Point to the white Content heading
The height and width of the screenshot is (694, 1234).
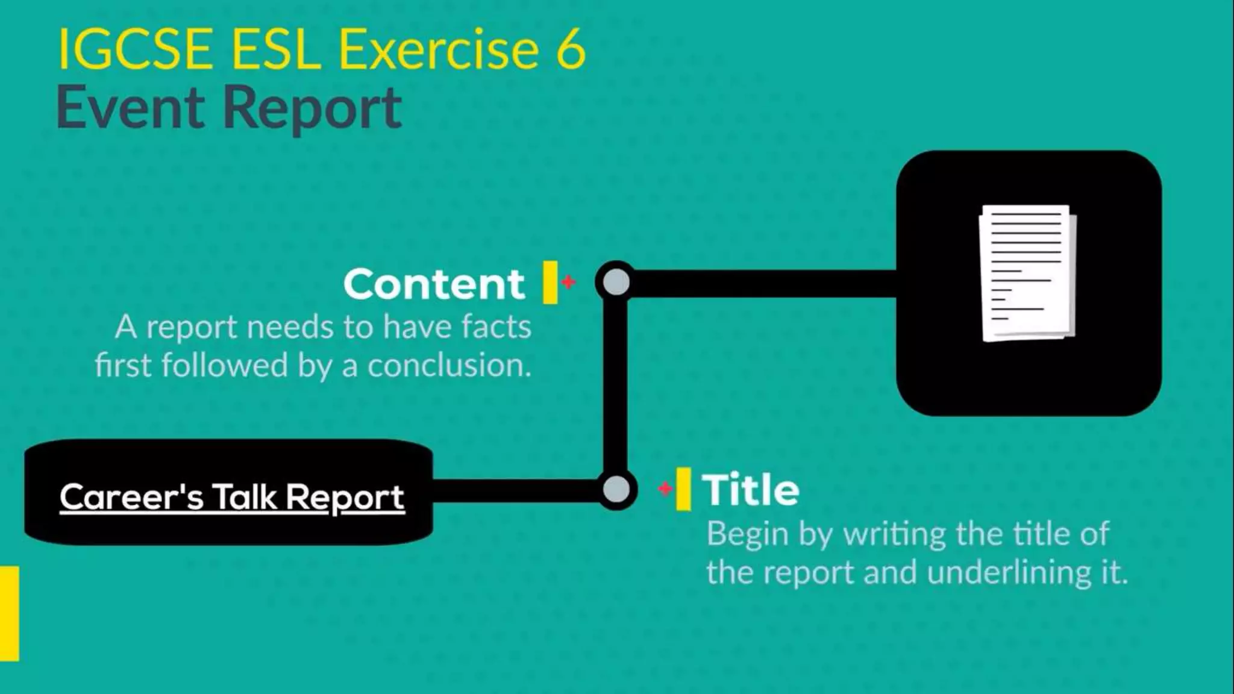(x=434, y=284)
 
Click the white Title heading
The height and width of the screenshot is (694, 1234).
(x=751, y=490)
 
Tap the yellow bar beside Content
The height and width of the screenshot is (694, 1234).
(x=550, y=282)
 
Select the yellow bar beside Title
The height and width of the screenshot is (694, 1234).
(x=683, y=489)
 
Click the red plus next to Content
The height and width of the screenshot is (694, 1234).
(x=568, y=281)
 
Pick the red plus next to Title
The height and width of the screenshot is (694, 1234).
(x=665, y=489)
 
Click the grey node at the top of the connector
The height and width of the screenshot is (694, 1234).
(x=616, y=282)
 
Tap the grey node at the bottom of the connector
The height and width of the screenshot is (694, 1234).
(x=616, y=489)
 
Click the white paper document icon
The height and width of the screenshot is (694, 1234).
(x=1028, y=273)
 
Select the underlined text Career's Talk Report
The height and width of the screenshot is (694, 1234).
(x=232, y=498)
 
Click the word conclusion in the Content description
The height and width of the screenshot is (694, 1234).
(x=449, y=366)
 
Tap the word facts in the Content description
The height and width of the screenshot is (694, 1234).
(x=496, y=327)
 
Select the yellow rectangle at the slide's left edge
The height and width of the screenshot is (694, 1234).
(x=9, y=613)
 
